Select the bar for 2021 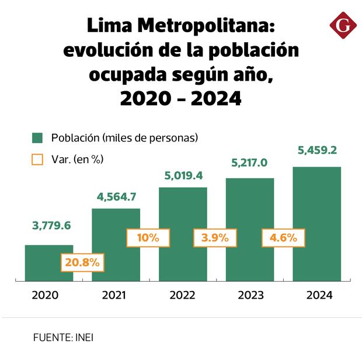[116, 234]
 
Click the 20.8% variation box [82, 262]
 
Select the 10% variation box [148, 238]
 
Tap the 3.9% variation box [215, 238]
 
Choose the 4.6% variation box [283, 238]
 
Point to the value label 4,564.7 [116, 196]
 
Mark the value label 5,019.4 [183, 175]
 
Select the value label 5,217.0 [250, 163]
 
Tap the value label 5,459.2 [316, 150]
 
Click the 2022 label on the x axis [183, 296]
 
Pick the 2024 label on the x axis [319, 296]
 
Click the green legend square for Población [37, 139]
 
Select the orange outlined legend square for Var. [37, 159]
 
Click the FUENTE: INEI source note [63, 338]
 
